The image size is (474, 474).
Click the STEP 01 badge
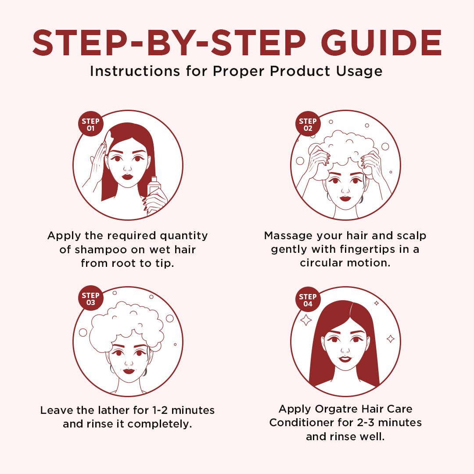point(91,124)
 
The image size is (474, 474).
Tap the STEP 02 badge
point(308,124)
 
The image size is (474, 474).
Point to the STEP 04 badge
point(308,300)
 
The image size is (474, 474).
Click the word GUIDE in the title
point(381,43)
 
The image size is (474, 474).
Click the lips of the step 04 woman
point(345,359)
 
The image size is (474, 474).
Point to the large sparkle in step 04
point(305,320)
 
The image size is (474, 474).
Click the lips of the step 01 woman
point(127,176)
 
